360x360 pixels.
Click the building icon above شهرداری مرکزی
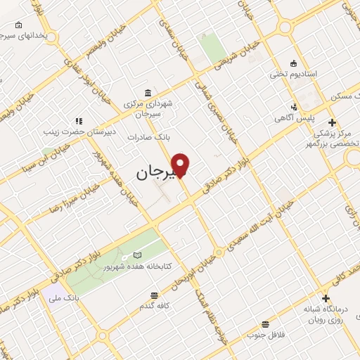coord(147,93)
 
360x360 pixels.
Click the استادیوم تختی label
coord(295,73)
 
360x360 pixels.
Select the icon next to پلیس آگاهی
coord(295,107)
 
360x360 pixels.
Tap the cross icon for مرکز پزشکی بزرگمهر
coord(332,122)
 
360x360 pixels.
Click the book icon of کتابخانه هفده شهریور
coord(137,255)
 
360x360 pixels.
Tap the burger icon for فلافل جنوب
coord(265,324)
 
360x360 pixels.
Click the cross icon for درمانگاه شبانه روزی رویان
coord(325,298)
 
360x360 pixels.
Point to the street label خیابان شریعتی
coord(247,51)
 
